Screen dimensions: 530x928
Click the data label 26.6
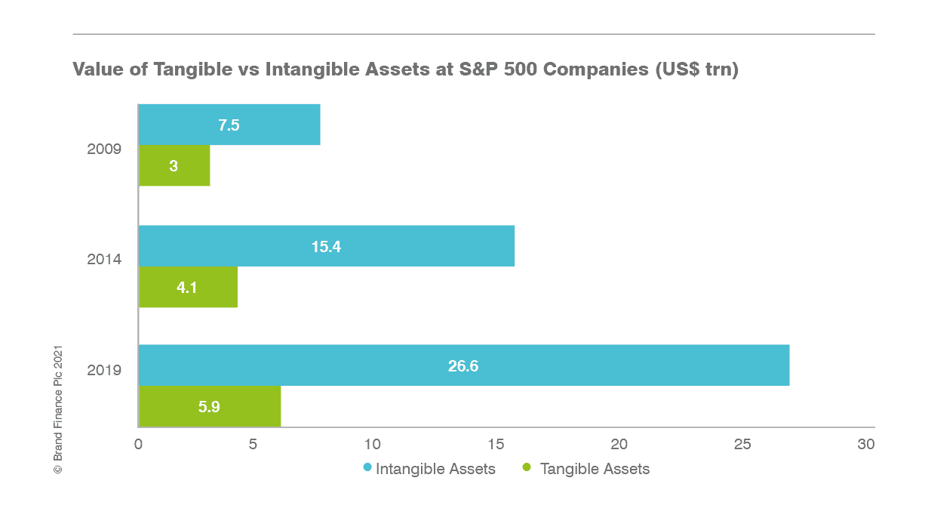463,367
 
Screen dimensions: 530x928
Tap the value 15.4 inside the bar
326,247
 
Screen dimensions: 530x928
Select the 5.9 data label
209,407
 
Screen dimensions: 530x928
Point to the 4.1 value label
187,288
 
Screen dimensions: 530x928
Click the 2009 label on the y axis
104,149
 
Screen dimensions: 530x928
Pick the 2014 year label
104,260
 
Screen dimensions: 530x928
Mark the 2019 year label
104,370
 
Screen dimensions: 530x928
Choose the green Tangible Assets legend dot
527,467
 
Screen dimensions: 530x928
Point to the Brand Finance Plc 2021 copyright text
58,409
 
